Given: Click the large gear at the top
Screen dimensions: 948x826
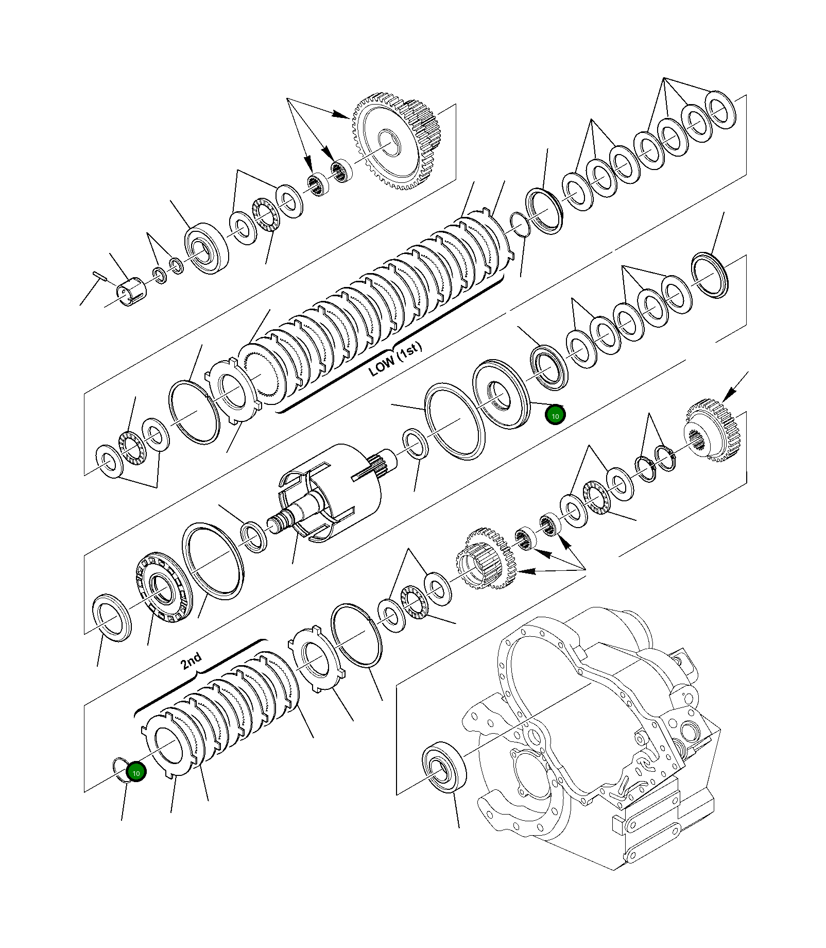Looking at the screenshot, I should (x=397, y=144).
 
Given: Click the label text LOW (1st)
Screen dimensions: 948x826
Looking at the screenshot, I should (x=395, y=359).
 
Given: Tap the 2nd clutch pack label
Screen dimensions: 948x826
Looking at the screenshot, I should (x=191, y=661).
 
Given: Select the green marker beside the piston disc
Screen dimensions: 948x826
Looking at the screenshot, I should (x=555, y=416).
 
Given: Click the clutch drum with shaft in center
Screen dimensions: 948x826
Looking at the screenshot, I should (x=330, y=495).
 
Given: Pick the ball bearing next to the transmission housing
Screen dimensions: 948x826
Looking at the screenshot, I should (x=443, y=765).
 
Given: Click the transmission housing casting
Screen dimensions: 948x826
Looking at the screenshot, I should (x=592, y=732).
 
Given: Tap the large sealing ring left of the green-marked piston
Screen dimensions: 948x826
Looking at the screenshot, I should (x=454, y=421).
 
